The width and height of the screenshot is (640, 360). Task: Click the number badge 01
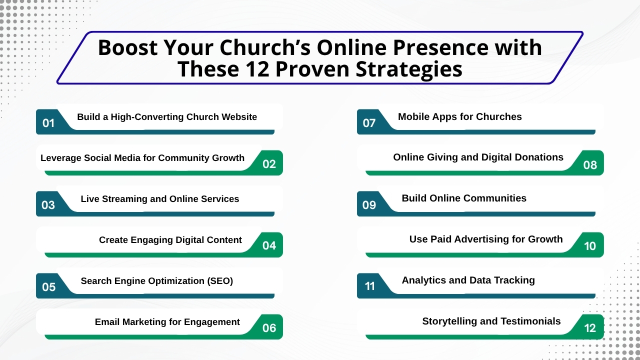tap(48, 122)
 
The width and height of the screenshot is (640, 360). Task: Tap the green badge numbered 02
tap(269, 163)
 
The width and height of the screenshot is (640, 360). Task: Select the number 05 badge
tap(48, 286)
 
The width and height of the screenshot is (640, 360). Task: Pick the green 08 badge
tap(590, 164)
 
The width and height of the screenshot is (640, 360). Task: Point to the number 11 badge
tap(369, 286)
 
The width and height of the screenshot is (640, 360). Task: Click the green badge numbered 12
tap(590, 327)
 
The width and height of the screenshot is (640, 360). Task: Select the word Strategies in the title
tap(409, 69)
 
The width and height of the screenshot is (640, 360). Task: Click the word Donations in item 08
tap(539, 157)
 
